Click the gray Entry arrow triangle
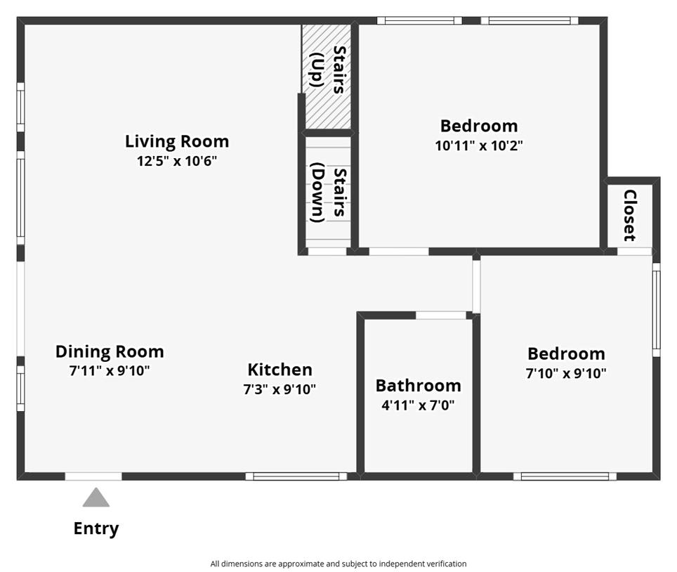(96, 498)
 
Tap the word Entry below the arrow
(96, 528)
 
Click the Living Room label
(177, 142)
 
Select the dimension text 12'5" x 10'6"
(177, 161)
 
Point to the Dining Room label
(110, 351)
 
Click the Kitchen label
(280, 370)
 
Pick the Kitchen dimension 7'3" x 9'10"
(280, 389)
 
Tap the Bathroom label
(419, 386)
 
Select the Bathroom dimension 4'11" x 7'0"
(419, 405)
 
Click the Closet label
(630, 215)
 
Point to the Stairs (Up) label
(329, 70)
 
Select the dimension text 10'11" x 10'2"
(479, 145)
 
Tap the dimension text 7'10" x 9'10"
(566, 373)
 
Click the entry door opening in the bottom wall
(93, 476)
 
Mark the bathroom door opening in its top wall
(441, 316)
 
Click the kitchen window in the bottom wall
(296, 476)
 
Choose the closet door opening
(634, 252)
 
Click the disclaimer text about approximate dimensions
(338, 564)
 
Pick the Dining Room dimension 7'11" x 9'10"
(110, 371)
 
